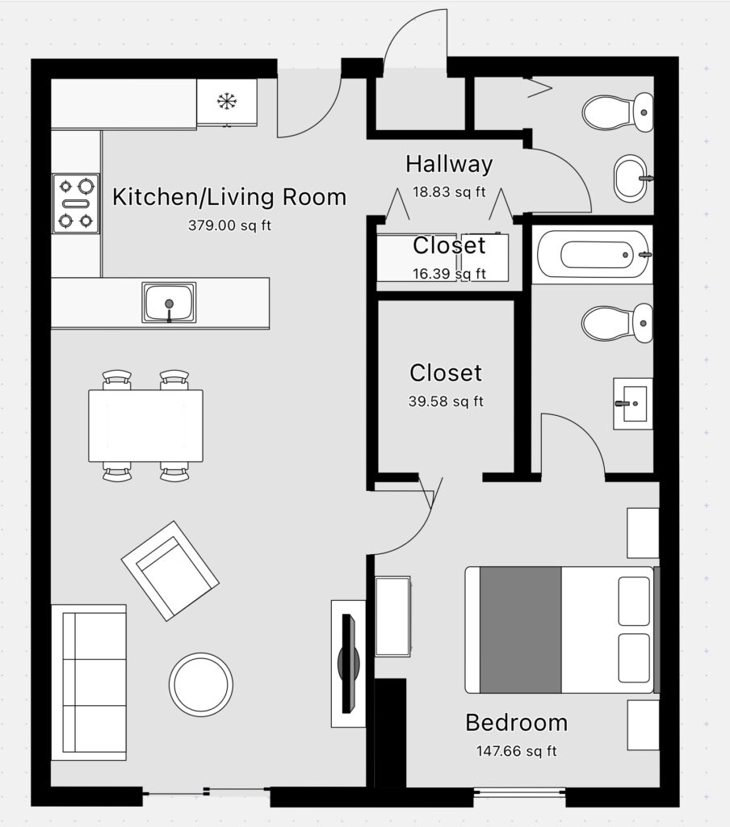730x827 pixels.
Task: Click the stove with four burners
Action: (x=76, y=204)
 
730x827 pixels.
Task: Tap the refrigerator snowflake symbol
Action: (x=227, y=101)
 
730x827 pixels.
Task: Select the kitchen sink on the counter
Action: (x=169, y=302)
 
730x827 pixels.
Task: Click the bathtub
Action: (x=593, y=254)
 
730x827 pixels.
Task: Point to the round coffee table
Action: (x=201, y=684)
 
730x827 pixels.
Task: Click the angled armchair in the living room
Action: (x=170, y=571)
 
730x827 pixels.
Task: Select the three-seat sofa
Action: (x=89, y=682)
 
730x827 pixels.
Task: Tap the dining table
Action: (x=145, y=426)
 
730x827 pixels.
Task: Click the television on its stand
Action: (x=348, y=663)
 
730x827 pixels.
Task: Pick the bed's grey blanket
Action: (x=520, y=630)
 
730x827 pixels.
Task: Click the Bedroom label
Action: (x=516, y=722)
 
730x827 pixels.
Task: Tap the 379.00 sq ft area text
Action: (x=229, y=226)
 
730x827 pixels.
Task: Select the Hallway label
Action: (x=449, y=164)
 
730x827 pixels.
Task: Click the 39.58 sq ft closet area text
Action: (x=446, y=401)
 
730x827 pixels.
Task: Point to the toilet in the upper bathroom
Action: (x=618, y=112)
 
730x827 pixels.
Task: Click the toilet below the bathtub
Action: (x=617, y=323)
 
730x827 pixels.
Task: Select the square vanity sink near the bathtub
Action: (x=633, y=404)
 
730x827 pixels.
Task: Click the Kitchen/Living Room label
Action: (x=229, y=197)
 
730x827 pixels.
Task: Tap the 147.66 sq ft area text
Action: (x=516, y=751)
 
